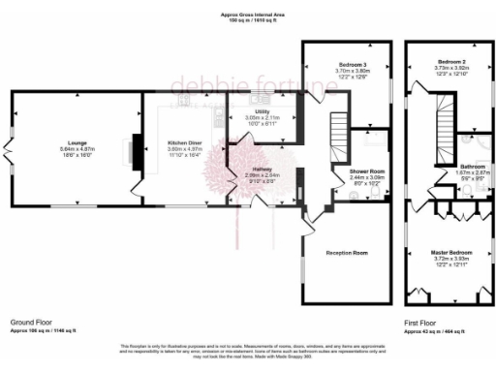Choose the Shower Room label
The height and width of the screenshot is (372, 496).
point(367,170)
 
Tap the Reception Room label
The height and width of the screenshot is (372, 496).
point(346,252)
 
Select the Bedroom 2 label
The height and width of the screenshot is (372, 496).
point(451,61)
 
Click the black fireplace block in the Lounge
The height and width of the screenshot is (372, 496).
point(137,149)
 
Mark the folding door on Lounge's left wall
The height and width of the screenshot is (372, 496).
point(12,150)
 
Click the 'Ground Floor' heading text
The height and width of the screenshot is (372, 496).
point(30,321)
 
